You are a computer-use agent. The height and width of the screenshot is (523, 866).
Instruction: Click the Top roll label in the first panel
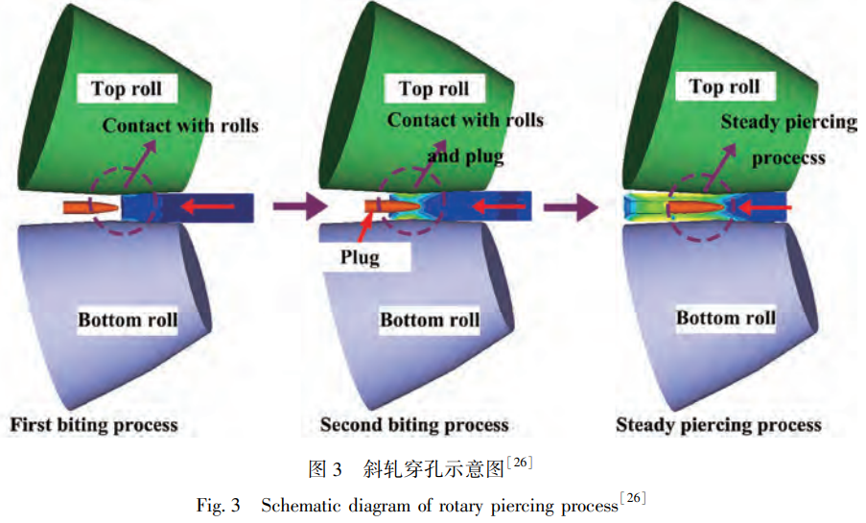(x=127, y=90)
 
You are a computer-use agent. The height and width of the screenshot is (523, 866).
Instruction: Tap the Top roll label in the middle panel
(x=433, y=89)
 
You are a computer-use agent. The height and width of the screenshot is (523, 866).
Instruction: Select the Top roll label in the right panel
(x=724, y=87)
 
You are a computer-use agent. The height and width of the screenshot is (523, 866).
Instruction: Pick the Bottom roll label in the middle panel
(x=430, y=320)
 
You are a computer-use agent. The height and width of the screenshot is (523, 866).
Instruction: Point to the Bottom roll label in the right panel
(x=726, y=318)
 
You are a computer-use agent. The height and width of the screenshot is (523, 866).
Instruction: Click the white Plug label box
(x=360, y=257)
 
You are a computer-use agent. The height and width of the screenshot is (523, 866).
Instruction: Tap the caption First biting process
(x=94, y=424)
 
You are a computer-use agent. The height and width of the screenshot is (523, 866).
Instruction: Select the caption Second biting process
(x=414, y=424)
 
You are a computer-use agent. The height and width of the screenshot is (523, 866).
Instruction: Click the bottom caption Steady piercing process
(x=718, y=424)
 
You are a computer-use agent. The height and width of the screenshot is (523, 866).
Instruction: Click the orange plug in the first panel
(x=90, y=206)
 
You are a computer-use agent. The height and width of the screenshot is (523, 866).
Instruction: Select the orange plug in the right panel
(x=695, y=206)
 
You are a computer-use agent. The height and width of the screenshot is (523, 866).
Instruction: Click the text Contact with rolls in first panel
(x=180, y=126)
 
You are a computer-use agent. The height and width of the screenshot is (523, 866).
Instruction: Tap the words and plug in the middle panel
(x=465, y=155)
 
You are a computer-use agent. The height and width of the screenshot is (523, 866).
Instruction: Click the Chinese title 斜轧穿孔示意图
(x=433, y=469)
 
